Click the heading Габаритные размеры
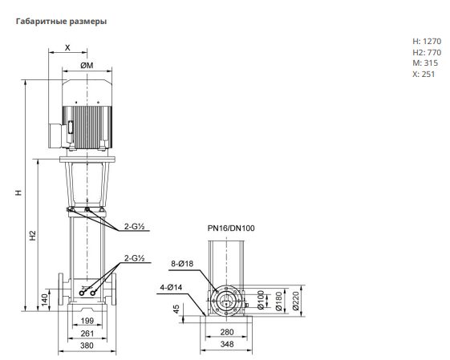61,22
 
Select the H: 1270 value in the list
427,42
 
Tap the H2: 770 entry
427,52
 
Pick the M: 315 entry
425,63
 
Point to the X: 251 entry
424,75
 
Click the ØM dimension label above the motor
87,66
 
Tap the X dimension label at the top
67,47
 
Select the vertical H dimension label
18,192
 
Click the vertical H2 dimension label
34,235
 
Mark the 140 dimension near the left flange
45,301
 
